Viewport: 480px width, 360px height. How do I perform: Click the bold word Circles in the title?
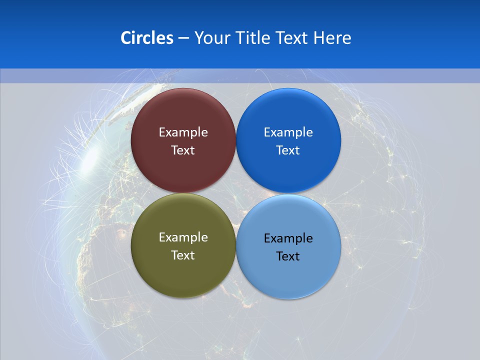tap(147, 38)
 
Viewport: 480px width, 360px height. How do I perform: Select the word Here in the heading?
tap(332, 38)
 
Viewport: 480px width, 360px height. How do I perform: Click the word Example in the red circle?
tap(183, 132)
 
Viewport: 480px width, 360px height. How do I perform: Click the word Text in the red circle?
tap(183, 150)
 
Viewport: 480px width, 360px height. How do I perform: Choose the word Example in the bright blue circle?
tap(288, 132)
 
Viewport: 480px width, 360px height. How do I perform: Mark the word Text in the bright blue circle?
tap(288, 150)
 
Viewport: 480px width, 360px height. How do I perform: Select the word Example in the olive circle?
tap(183, 237)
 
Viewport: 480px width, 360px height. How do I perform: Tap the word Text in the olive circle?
tap(183, 255)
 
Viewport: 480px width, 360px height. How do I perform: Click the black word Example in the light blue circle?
tap(288, 238)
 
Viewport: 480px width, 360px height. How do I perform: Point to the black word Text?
tap(288, 256)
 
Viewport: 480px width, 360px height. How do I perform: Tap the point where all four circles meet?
tap(235, 193)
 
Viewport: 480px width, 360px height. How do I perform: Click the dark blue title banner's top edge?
tap(240, 1)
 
